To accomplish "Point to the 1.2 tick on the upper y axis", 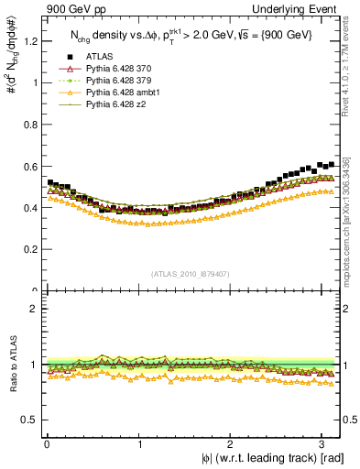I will click(x=31, y=40).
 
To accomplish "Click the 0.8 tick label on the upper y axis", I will click(x=31, y=124).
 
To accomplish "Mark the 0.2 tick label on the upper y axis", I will click(x=31, y=249).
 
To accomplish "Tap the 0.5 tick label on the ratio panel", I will click(x=31, y=420).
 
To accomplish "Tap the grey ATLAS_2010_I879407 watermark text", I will click(x=191, y=274).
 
